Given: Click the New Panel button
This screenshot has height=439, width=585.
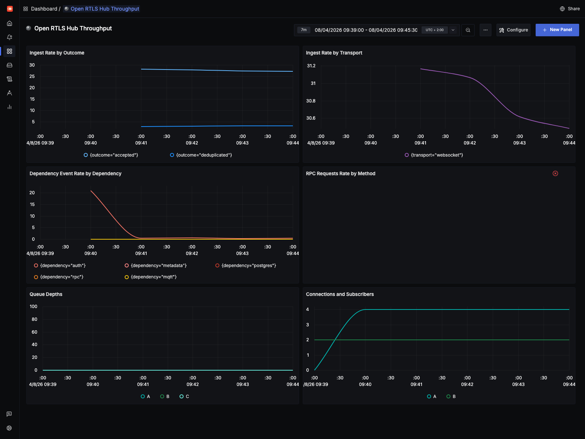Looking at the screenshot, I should pyautogui.click(x=557, y=30).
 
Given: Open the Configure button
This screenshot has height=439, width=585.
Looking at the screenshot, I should pyautogui.click(x=513, y=30).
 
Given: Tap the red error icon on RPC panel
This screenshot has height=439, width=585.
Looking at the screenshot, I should pyautogui.click(x=555, y=173).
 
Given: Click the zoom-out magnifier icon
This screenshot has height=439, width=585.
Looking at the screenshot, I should pyautogui.click(x=468, y=30).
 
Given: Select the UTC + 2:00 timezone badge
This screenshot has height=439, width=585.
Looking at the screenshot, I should pyautogui.click(x=434, y=30).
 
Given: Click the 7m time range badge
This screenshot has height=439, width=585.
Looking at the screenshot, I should pyautogui.click(x=303, y=30).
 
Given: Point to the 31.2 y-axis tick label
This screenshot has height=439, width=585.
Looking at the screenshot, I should pyautogui.click(x=311, y=66).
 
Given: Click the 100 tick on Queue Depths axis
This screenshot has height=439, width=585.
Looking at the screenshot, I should pyautogui.click(x=33, y=307).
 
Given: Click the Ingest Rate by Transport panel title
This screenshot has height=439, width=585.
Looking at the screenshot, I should pyautogui.click(x=334, y=53).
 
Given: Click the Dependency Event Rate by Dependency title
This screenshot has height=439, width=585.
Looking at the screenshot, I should pyautogui.click(x=75, y=173).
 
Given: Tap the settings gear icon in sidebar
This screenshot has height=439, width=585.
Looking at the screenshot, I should pyautogui.click(x=10, y=428).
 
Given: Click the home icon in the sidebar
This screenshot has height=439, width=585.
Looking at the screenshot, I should pyautogui.click(x=10, y=23).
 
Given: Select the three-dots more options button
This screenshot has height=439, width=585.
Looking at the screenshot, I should pyautogui.click(x=485, y=30).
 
